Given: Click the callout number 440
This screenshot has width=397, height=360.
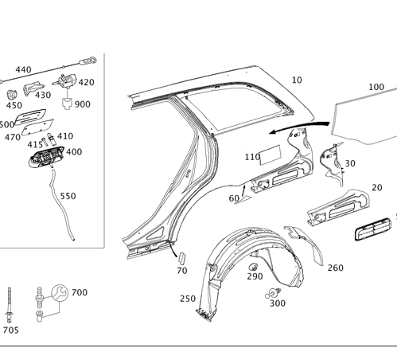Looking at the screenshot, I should click(x=23, y=70).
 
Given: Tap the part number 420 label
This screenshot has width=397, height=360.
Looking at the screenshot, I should click(x=86, y=82).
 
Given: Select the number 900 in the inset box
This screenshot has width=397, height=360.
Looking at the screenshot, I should click(x=83, y=105).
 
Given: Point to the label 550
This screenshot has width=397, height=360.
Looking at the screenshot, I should click(x=68, y=196).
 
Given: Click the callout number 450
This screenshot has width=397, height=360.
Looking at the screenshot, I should click(x=14, y=105).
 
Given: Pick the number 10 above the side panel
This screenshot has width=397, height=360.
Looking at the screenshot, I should click(x=297, y=80).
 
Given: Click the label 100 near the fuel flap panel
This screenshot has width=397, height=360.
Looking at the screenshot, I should click(x=376, y=85).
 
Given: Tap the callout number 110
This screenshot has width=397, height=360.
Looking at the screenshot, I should click(x=252, y=156).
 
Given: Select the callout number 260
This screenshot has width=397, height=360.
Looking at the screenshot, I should click(x=335, y=268).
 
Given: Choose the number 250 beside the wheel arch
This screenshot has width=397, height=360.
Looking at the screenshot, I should click(x=188, y=299).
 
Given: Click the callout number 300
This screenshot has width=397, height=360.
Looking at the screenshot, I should click(x=277, y=303).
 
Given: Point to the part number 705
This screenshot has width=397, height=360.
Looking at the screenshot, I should click(x=11, y=329).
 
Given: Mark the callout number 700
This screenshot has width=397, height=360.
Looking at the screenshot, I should click(x=79, y=292).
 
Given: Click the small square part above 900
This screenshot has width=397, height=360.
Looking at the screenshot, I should click(x=68, y=101).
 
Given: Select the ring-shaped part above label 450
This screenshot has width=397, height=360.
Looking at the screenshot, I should click(x=13, y=94).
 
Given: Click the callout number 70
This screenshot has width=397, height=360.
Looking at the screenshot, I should click(x=181, y=271).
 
